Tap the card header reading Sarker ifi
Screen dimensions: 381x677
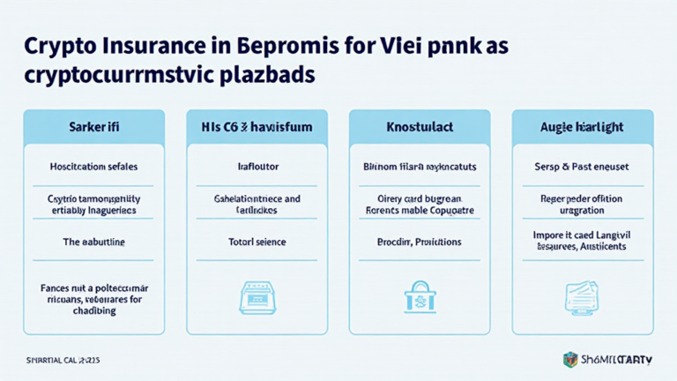pyautogui.click(x=93, y=127)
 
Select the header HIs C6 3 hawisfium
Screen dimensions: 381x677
pyautogui.click(x=257, y=127)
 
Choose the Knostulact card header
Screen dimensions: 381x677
pyautogui.click(x=420, y=127)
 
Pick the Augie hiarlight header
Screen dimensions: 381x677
pyautogui.click(x=583, y=127)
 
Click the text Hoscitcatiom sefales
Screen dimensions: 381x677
pyautogui.click(x=93, y=165)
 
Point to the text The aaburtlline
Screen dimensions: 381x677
pyautogui.click(x=93, y=241)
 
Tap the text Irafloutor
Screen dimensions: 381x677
pyautogui.click(x=257, y=165)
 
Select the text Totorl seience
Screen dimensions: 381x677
pyautogui.click(x=257, y=241)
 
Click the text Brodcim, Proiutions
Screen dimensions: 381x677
pyautogui.click(x=420, y=241)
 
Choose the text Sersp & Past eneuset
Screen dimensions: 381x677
pyautogui.click(x=583, y=165)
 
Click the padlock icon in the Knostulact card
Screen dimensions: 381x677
pyautogui.click(x=420, y=297)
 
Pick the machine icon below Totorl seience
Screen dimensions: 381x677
pyautogui.click(x=257, y=297)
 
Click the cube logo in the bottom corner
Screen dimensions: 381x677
pyautogui.click(x=571, y=360)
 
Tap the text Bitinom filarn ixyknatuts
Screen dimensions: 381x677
pyautogui.click(x=420, y=165)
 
